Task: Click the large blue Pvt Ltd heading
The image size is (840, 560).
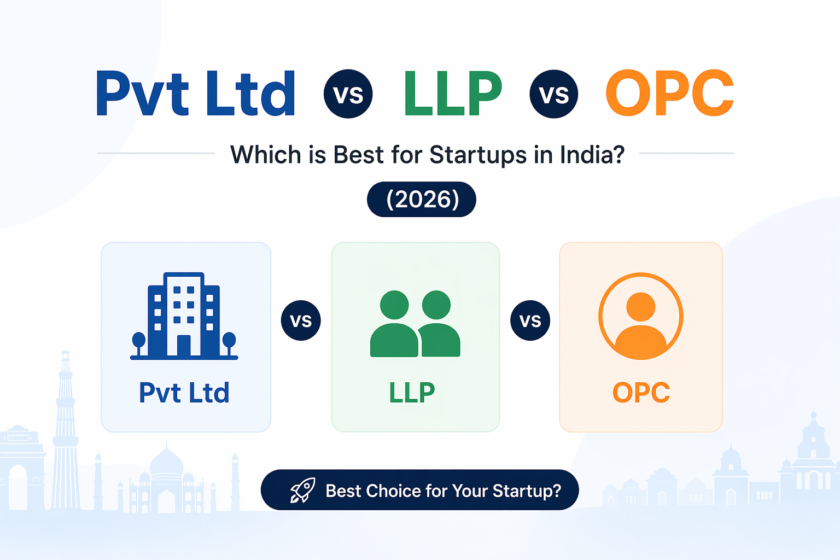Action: pos(196,94)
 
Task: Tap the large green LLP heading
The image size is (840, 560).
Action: pos(453,94)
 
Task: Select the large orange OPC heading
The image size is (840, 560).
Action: pos(669,94)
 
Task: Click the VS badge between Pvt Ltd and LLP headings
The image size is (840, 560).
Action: pos(348,94)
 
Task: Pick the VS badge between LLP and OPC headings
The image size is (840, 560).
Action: pos(554,94)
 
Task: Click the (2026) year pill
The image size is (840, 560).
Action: pos(422,200)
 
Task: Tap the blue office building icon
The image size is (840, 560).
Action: pos(184,316)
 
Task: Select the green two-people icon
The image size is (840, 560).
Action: pos(415,324)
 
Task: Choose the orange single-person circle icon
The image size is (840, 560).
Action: pos(641,316)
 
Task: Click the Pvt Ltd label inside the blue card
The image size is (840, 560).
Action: pos(184,393)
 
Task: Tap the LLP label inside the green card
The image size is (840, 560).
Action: pos(412,393)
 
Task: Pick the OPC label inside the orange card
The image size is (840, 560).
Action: pos(641,393)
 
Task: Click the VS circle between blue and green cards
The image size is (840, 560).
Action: pos(301,320)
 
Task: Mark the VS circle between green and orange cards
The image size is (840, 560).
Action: pos(530,320)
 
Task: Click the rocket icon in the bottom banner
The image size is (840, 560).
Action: pos(302,491)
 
